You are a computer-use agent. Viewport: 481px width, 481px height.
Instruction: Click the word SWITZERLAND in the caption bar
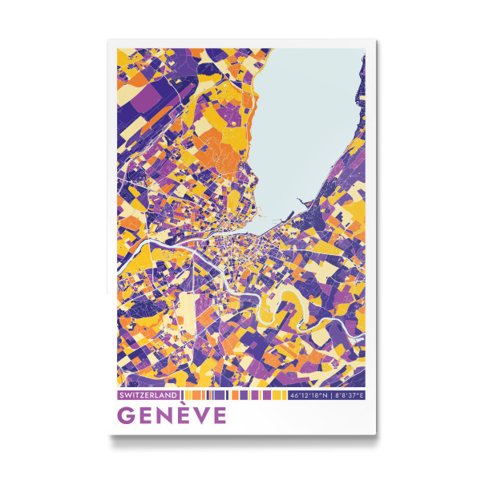147,395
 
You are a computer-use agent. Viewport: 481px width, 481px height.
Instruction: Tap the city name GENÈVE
172,416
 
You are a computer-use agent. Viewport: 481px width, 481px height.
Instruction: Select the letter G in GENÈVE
127,416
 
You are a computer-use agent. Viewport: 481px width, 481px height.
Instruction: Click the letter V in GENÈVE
201,416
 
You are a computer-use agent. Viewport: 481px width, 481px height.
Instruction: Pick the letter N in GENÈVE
164,416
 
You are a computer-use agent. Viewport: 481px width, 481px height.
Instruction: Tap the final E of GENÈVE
219,416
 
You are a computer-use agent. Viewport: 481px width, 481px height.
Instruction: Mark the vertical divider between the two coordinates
330,395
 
